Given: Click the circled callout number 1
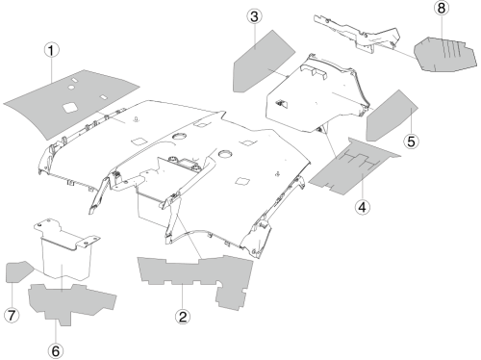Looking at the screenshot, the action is [52, 50].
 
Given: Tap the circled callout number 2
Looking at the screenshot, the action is [183, 317].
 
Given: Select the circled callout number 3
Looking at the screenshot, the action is [255, 16].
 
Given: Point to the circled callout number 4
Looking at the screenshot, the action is [363, 207].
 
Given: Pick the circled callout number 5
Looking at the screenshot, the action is [411, 141].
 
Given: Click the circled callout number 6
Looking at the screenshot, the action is [56, 350].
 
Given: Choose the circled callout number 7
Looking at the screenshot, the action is [12, 315].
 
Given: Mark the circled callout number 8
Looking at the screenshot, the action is [442, 8].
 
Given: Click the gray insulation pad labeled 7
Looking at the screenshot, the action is [18, 271].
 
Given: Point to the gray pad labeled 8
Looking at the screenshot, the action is [445, 55].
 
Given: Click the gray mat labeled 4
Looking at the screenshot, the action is [354, 167].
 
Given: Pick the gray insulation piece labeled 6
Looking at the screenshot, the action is [70, 301].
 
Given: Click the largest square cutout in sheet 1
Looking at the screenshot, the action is [69, 108].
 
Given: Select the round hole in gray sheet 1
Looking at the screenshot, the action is [71, 87].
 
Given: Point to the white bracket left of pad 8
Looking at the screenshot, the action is [357, 33].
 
